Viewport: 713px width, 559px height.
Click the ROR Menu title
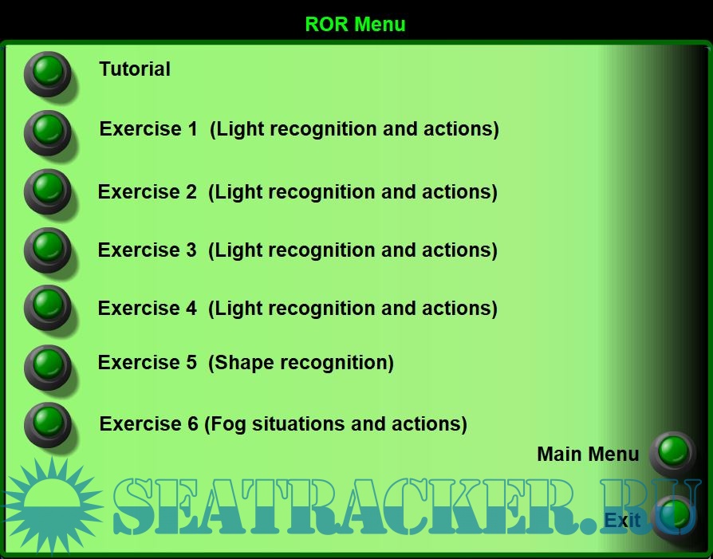tap(355, 24)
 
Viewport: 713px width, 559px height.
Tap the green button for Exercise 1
tap(48, 133)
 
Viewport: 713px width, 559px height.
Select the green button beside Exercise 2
tap(48, 191)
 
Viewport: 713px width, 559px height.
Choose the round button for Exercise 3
tap(48, 250)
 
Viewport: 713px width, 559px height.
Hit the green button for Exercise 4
tap(48, 308)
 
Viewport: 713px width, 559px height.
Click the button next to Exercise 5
tap(48, 367)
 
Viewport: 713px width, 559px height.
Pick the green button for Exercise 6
tap(48, 425)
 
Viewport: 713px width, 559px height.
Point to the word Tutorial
tap(135, 69)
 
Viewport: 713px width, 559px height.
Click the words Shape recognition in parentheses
tap(301, 363)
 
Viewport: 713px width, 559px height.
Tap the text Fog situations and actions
tap(336, 424)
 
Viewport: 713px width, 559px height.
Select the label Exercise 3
tap(148, 250)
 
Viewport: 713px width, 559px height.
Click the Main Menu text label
tap(588, 454)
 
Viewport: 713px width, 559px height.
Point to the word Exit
tap(622, 520)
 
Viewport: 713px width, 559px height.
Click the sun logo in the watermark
tap(52, 506)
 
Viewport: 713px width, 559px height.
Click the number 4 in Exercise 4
tap(191, 309)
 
